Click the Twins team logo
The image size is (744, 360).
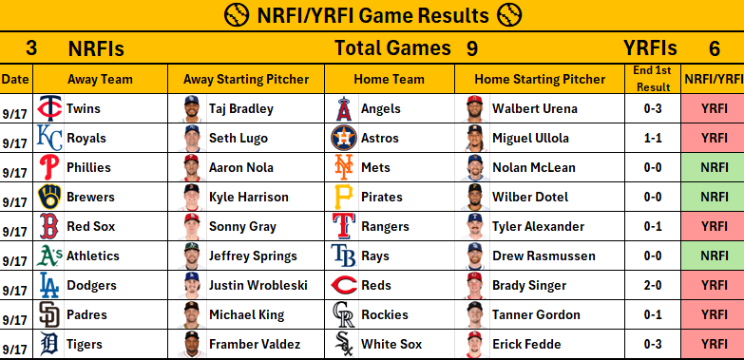pyautogui.click(x=49, y=108)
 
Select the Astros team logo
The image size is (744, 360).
pyautogui.click(x=344, y=138)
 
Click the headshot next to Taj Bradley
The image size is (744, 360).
pyautogui.click(x=192, y=108)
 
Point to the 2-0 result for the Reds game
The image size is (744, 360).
pyautogui.click(x=653, y=285)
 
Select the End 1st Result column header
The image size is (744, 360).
pyautogui.click(x=653, y=79)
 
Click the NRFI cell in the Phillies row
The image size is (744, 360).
pyautogui.click(x=714, y=167)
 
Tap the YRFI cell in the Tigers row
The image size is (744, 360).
pyautogui.click(x=714, y=344)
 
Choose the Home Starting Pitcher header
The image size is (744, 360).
pyautogui.click(x=540, y=79)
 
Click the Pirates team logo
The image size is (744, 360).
pyautogui.click(x=344, y=197)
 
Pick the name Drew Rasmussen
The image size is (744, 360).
pyautogui.click(x=544, y=256)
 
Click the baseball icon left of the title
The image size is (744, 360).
pyautogui.click(x=237, y=15)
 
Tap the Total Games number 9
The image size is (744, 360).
pyautogui.click(x=471, y=48)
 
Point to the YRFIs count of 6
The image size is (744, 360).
pyautogui.click(x=715, y=48)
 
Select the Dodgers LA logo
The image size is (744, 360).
pyautogui.click(x=49, y=285)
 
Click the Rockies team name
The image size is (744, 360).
pyautogui.click(x=385, y=314)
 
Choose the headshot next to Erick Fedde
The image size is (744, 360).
pyautogui.click(x=474, y=344)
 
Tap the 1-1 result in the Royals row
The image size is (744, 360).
pyautogui.click(x=653, y=138)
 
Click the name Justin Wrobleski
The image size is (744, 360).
pyautogui.click(x=258, y=285)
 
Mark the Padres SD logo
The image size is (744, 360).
pyautogui.click(x=49, y=314)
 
